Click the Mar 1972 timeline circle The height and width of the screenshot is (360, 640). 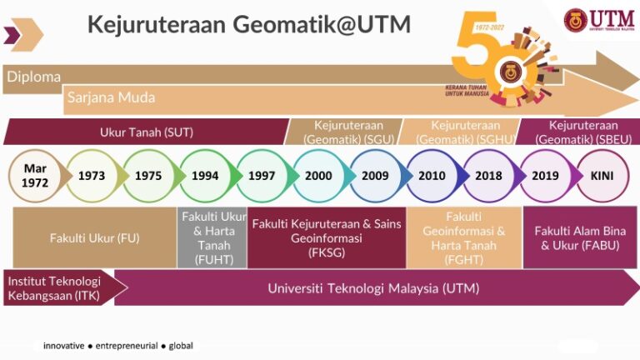35,176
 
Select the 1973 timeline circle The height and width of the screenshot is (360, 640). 92,176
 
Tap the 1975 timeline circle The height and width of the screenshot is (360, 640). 148,176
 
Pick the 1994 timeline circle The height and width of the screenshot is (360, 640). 205,176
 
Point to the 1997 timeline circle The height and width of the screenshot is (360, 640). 262,176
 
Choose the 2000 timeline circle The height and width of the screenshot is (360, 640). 318,176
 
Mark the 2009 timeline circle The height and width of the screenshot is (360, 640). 375,176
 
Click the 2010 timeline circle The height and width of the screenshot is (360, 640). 432,176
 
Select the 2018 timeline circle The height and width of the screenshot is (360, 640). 488,176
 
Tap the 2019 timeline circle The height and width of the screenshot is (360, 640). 545,176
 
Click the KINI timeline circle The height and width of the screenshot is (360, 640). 602,176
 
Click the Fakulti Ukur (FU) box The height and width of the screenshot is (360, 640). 94,237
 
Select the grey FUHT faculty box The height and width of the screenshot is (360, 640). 213,237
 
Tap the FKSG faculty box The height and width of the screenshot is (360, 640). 326,237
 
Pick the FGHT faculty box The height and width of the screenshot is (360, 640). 463,237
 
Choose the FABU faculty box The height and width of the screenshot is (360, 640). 580,237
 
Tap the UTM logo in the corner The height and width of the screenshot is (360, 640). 597,20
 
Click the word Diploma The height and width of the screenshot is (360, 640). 34,77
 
